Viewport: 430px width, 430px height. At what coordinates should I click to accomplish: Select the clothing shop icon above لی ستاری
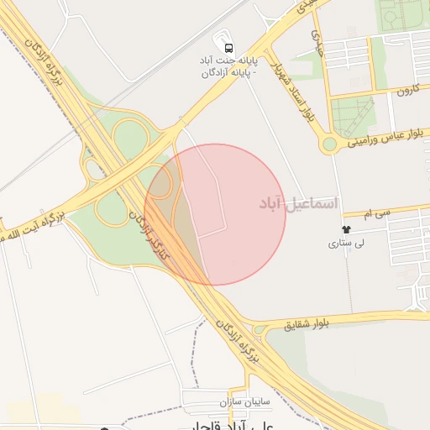(x=345, y=229)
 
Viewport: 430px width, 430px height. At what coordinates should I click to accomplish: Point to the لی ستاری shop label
(x=346, y=244)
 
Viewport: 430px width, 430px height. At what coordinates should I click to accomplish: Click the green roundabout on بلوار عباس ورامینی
(x=329, y=144)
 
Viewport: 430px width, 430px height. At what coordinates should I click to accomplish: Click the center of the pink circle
(x=216, y=214)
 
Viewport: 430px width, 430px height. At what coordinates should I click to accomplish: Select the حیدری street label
(x=317, y=38)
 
